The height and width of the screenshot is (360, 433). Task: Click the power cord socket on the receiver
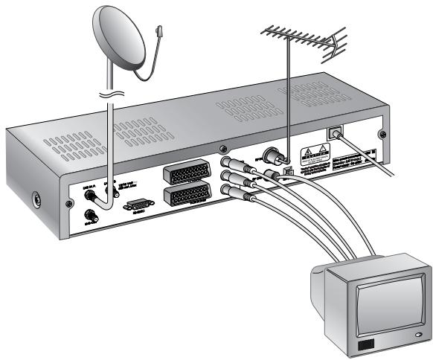click(334, 133)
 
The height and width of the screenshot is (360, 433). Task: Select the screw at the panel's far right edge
click(382, 135)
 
